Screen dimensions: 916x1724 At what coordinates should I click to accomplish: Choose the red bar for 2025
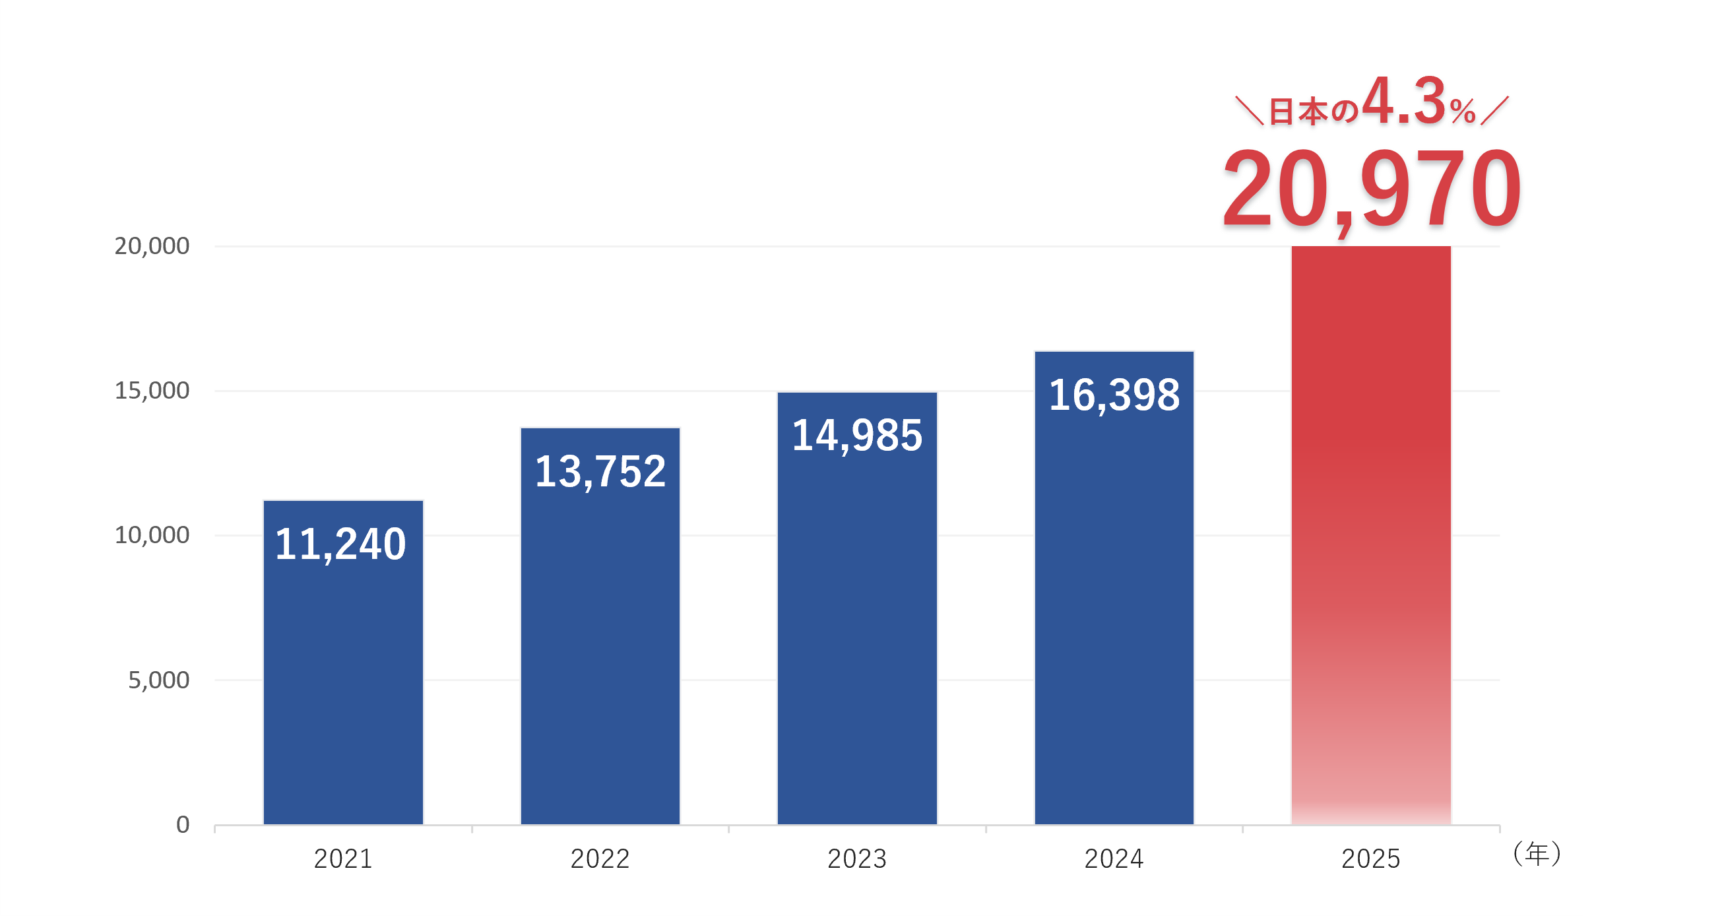click(x=1370, y=536)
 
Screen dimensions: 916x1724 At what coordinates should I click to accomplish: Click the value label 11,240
click(x=340, y=544)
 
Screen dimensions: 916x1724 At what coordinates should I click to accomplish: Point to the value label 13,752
click(x=600, y=471)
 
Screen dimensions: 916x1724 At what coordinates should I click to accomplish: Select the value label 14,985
click(x=856, y=436)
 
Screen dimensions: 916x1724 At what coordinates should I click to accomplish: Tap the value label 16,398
click(x=1114, y=395)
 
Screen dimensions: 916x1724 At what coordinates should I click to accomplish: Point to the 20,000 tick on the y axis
click(x=152, y=246)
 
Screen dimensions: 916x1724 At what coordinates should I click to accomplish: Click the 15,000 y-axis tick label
click(x=152, y=391)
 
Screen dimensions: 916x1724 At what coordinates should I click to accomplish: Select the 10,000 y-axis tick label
click(x=152, y=536)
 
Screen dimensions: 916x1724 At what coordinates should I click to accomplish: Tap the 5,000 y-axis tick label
click(x=158, y=680)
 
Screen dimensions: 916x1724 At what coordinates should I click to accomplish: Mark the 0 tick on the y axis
click(x=183, y=825)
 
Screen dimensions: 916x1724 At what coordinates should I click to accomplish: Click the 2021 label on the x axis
click(x=342, y=859)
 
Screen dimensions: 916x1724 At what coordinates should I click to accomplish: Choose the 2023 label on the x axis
click(x=856, y=859)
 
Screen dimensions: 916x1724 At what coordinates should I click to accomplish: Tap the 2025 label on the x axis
click(x=1370, y=859)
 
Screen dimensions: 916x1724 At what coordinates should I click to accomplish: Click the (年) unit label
click(x=1537, y=855)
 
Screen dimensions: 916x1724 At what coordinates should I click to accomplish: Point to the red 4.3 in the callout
click(x=1403, y=102)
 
